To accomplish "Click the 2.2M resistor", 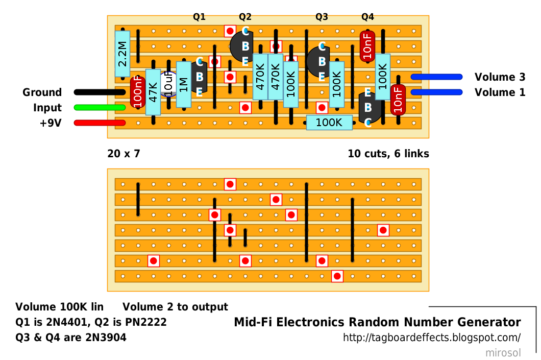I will tap(122, 54).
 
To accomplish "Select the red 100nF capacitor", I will tap(137, 92).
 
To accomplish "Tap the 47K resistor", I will tap(153, 92).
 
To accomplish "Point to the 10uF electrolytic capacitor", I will tap(168, 84).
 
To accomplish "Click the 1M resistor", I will tap(184, 84).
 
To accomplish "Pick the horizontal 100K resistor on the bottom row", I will tap(329, 123).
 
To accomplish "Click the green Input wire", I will tap(100, 107).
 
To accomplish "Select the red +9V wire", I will tap(100, 123).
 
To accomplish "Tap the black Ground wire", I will tap(100, 92).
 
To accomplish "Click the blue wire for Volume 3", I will tap(436, 77).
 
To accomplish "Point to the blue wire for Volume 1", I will tap(436, 92).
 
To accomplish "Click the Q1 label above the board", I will tap(199, 17).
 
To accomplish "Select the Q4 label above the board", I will tap(367, 17).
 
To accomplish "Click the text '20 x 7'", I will tap(124, 153).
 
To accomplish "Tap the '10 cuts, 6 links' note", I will tap(388, 153).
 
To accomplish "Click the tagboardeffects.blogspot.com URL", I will tap(432, 338).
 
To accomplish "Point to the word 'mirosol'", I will tap(503, 353).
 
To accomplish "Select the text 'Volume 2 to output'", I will tap(175, 307).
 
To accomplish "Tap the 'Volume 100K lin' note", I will tap(59, 307).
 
